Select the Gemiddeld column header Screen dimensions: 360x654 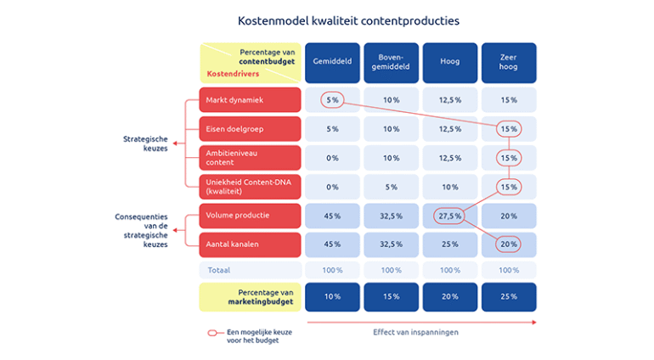[x=332, y=62]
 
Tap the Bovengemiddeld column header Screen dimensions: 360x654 [x=391, y=62]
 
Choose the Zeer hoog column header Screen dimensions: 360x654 [x=508, y=62]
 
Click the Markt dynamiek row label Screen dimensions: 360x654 [x=250, y=99]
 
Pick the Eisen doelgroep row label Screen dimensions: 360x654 [x=250, y=129]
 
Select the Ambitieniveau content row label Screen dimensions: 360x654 [x=250, y=157]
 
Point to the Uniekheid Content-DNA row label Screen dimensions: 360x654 [x=250, y=186]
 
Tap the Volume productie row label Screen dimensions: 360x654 [x=250, y=215]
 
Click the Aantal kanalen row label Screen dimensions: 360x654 [x=250, y=244]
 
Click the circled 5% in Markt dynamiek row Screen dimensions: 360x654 [x=332, y=99]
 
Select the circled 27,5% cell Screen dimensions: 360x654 [x=449, y=216]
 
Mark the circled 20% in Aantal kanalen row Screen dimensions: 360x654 [x=508, y=245]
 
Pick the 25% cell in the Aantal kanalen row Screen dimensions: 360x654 [x=449, y=245]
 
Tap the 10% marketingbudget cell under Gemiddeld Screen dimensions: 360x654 [x=332, y=296]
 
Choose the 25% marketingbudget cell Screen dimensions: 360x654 [x=508, y=296]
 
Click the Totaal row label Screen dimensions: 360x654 [x=220, y=270]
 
